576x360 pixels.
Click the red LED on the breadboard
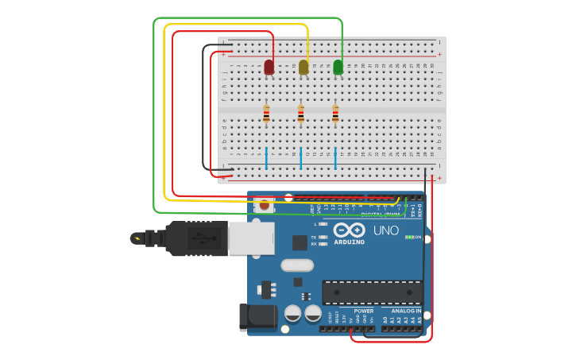click(269, 67)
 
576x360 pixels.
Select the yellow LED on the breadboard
click(303, 67)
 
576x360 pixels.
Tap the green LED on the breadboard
click(338, 67)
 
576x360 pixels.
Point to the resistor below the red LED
click(266, 114)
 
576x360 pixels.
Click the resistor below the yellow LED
click(300, 114)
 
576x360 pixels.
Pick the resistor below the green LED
click(335, 114)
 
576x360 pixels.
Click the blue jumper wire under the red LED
click(266, 157)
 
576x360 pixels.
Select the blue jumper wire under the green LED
click(335, 157)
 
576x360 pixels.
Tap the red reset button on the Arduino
click(265, 205)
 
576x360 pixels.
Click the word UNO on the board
click(386, 230)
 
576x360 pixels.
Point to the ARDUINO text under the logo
click(349, 242)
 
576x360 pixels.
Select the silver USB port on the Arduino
click(252, 238)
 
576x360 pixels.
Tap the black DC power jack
click(258, 316)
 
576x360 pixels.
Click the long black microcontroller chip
click(372, 292)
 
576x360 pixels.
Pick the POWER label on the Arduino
click(354, 312)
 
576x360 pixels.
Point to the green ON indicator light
click(408, 237)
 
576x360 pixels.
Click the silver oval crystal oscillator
click(296, 265)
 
